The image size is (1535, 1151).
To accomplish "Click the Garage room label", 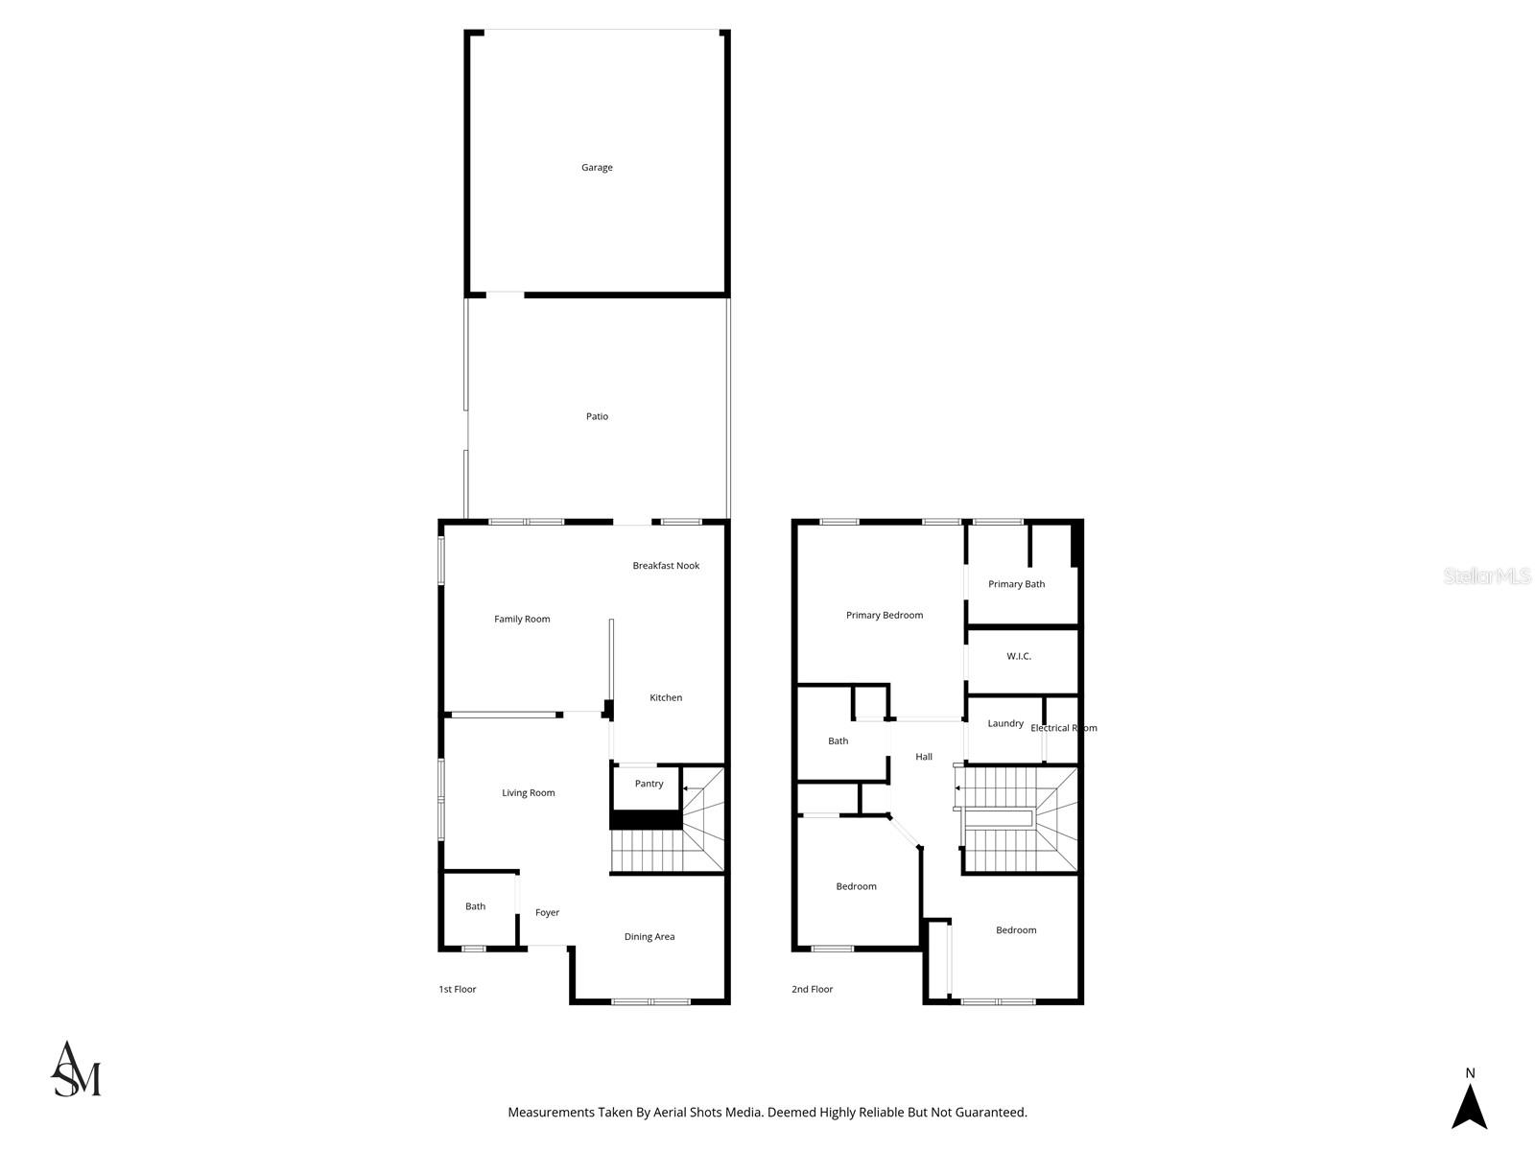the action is point(597,168).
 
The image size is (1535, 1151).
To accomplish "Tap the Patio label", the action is point(597,416).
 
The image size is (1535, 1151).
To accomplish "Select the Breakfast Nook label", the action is point(666,565).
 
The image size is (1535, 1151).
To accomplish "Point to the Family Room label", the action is point(522,619).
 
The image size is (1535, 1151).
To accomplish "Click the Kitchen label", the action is point(666,697).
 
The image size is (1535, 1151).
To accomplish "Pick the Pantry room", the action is point(649,784).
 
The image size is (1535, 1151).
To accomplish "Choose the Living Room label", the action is point(528,792).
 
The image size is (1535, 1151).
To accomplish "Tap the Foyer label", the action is point(547,913).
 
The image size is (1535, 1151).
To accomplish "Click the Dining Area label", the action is point(649,936).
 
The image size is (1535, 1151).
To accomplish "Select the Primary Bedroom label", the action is point(884,615).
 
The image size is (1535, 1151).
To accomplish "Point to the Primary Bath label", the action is point(1016,584).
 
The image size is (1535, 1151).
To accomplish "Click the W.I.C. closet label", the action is point(1018,656).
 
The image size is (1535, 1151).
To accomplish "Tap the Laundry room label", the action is point(1004,723).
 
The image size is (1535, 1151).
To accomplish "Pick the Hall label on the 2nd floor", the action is point(923,756).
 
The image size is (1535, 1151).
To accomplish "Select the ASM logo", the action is point(76,1069).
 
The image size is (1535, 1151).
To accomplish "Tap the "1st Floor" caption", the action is point(457,989).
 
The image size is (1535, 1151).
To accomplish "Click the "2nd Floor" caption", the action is point(812,989).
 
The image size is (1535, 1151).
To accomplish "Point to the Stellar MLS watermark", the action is point(1487,575).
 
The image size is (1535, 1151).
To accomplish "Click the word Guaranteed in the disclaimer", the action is point(991,1113).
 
